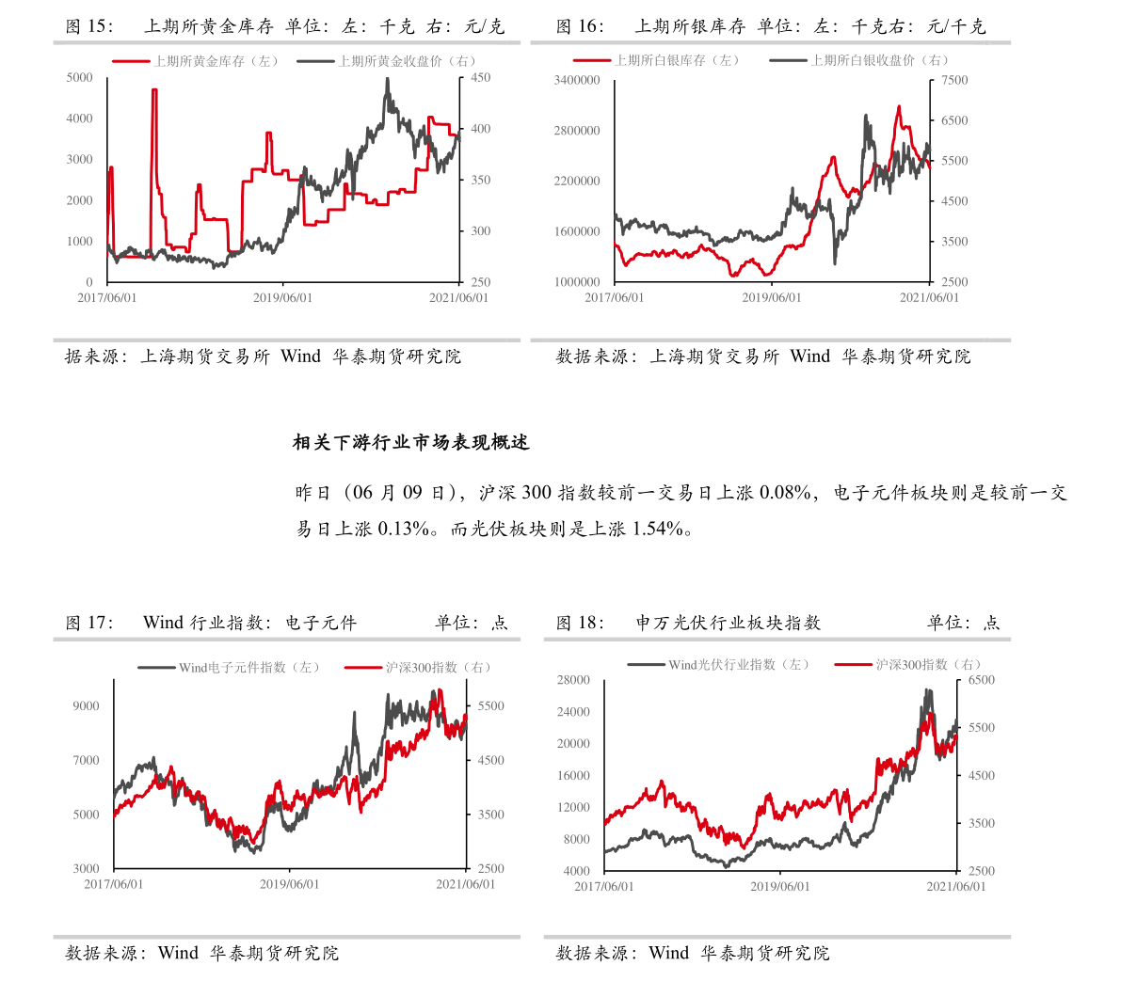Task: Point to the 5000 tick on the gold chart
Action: pos(80,77)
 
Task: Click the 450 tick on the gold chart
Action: pos(480,77)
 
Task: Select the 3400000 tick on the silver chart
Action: pos(577,80)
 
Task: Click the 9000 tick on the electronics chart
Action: pos(86,705)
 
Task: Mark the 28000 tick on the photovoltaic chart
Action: pos(573,679)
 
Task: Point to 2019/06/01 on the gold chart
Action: pos(282,298)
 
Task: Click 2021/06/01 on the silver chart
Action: pos(929,298)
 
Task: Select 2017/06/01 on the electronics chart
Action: pos(114,884)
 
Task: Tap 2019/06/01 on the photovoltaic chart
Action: pos(779,887)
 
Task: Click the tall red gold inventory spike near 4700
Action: pos(153,90)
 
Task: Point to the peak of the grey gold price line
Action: pos(387,79)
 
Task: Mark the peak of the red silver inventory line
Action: pos(899,106)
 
